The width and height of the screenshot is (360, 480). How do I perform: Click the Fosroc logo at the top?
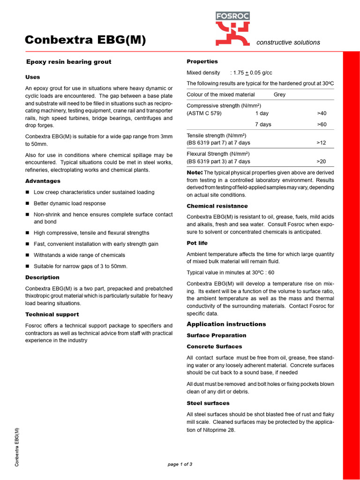click(232, 29)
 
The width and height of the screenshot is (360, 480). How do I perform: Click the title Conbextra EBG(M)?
click(85, 40)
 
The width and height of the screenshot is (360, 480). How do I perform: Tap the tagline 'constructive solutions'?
click(288, 42)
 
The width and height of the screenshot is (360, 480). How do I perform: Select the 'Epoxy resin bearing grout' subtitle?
click(68, 62)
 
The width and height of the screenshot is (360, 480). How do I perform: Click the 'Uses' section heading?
click(33, 77)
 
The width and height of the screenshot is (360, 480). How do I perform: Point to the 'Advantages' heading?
click(43, 181)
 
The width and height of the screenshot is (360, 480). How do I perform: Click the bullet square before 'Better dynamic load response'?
click(28, 203)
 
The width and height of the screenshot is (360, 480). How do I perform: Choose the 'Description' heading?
click(42, 277)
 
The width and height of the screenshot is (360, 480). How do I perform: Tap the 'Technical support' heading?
click(52, 315)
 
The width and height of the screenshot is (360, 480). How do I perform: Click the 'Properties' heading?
click(202, 61)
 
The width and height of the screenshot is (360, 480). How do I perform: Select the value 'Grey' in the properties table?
click(279, 95)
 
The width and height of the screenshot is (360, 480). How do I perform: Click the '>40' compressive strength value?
click(322, 113)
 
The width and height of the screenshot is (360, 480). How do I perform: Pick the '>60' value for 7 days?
click(322, 125)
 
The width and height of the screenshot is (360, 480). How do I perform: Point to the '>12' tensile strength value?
click(322, 142)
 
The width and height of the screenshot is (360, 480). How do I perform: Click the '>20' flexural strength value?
click(322, 161)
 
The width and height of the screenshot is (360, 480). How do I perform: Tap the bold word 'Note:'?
click(195, 172)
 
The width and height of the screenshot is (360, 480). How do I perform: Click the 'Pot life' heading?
click(197, 243)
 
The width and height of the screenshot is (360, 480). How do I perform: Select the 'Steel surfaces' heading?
click(208, 403)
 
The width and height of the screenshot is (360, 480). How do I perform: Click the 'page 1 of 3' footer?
click(180, 464)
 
